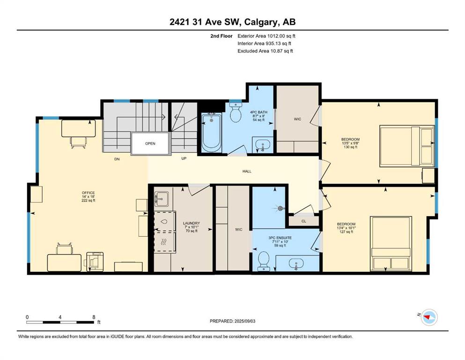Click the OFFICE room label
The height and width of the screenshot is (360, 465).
click(89, 193)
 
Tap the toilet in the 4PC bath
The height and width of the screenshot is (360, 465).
click(236, 112)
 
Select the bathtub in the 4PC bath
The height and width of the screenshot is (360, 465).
click(212, 133)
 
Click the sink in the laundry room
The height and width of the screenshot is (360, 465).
click(162, 198)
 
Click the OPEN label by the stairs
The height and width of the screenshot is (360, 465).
click(150, 143)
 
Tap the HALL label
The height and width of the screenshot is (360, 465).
click(247, 171)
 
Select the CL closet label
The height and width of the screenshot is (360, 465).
click(303, 221)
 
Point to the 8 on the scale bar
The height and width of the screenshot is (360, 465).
click(94, 317)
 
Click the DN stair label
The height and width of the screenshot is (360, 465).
click(117, 159)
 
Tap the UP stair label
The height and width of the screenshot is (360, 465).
click(184, 158)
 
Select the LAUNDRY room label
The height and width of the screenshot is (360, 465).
click(191, 223)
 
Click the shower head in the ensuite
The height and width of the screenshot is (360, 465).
click(280, 208)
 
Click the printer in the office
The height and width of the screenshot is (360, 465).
click(95, 262)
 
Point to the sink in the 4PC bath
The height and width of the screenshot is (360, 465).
click(262, 145)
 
